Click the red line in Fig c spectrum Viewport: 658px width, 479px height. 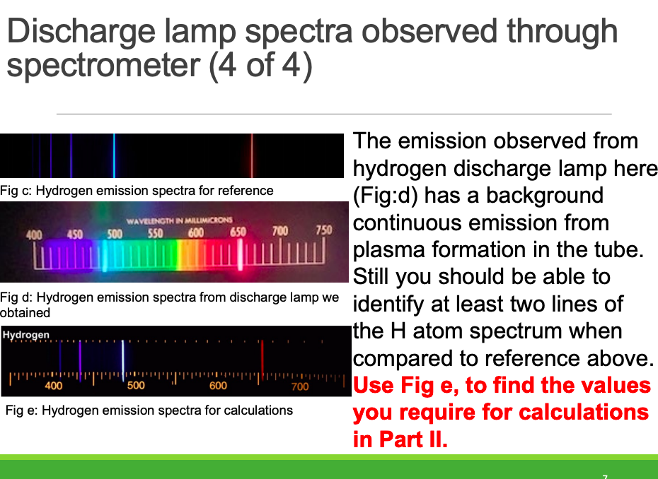pos(252,155)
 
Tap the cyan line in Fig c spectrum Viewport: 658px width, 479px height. pos(114,155)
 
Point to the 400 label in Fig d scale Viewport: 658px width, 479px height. pos(34,235)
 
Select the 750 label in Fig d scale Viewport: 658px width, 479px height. pos(324,230)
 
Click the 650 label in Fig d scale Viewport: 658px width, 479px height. pos(238,232)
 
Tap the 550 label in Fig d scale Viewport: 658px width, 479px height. pos(155,233)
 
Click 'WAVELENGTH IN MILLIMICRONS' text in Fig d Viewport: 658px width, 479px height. pos(179,220)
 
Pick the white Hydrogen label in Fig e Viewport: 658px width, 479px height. pos(26,335)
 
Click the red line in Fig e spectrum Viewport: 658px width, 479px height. pos(262,358)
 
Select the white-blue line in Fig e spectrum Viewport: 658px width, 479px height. pos(123,360)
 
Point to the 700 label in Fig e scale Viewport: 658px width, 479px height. pos(300,386)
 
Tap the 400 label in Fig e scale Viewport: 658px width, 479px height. pos(54,386)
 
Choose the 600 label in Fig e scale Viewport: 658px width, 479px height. pos(218,386)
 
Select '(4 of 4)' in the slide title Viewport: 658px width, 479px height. pos(260,66)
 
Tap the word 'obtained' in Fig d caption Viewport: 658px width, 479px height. pos(25,313)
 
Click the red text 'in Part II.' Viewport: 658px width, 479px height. pos(400,439)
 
